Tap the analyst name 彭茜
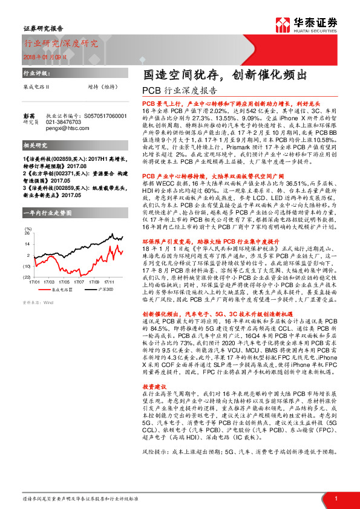click(29, 115)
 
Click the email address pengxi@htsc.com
click(67, 128)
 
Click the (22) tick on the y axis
click(27, 276)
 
